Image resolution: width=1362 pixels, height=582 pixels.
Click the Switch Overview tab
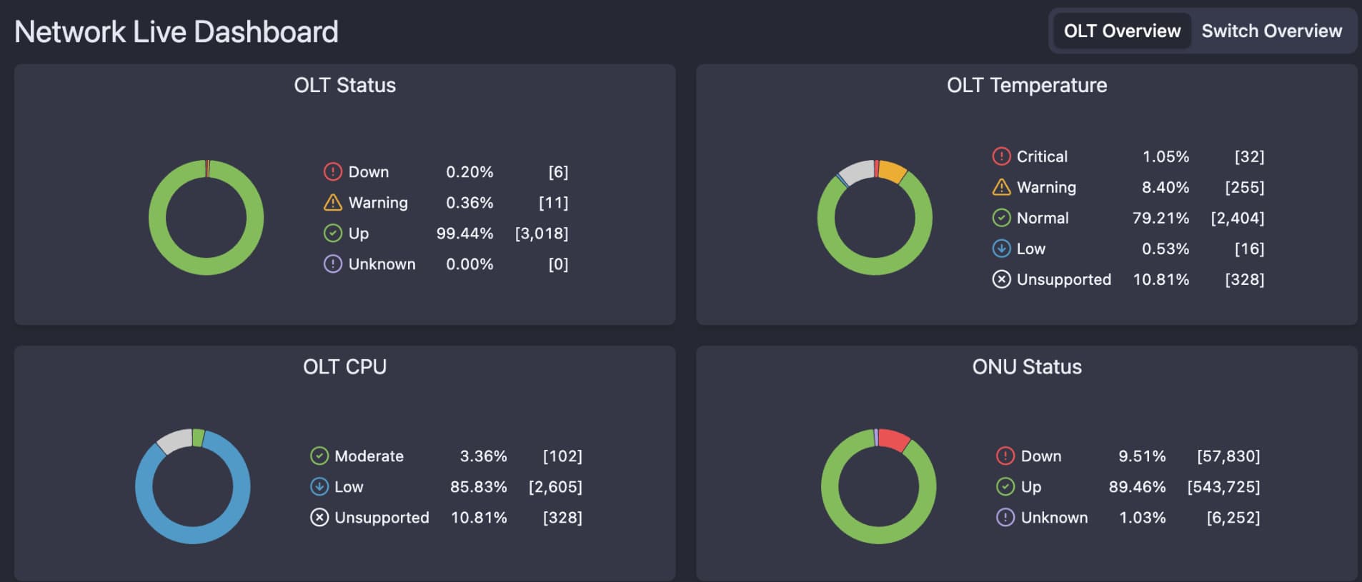(x=1271, y=31)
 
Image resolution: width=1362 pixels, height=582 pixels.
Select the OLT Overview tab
(x=1122, y=31)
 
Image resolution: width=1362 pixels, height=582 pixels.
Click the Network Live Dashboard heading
(x=177, y=32)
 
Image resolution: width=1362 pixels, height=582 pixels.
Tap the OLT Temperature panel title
(x=1026, y=86)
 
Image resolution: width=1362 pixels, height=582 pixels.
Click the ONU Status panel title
(x=1026, y=367)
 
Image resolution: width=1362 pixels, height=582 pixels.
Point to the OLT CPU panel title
(x=344, y=367)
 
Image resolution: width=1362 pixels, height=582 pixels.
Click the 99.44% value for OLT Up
(x=464, y=234)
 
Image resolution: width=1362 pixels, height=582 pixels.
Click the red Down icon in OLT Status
(x=333, y=172)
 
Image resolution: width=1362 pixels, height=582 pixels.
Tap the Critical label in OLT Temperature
(x=1042, y=156)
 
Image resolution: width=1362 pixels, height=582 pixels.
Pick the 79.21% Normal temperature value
(x=1160, y=218)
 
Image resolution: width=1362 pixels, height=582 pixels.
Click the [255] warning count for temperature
(x=1244, y=187)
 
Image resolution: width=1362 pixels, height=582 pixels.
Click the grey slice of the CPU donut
(x=174, y=441)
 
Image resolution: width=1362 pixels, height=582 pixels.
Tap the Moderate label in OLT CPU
(x=369, y=456)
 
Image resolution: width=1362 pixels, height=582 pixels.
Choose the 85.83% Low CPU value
(x=478, y=487)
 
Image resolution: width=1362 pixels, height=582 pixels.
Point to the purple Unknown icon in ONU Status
(x=1005, y=518)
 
